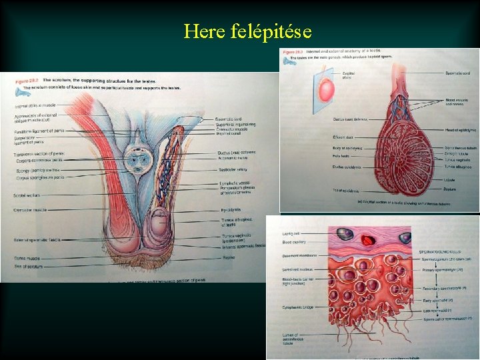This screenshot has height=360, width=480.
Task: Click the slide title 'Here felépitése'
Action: (x=247, y=31)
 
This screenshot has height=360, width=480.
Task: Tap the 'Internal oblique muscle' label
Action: (x=35, y=105)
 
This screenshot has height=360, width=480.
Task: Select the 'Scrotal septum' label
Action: (x=27, y=195)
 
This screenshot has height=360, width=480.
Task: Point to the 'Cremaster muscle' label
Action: (x=29, y=210)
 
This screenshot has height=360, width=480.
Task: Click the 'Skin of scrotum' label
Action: (x=27, y=267)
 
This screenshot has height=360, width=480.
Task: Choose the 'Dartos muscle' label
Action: (x=27, y=258)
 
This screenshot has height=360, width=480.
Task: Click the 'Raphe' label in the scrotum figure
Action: (x=228, y=257)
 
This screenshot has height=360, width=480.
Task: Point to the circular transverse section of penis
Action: (x=139, y=158)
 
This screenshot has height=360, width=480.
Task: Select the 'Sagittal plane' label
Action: (x=347, y=75)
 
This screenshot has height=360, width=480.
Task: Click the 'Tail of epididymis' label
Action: (x=347, y=191)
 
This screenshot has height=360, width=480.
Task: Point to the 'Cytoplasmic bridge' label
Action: (x=287, y=309)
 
